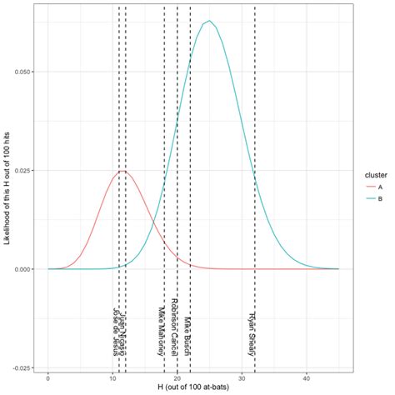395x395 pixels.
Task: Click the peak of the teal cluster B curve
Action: click(209, 21)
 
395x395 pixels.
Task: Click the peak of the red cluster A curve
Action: click(122, 171)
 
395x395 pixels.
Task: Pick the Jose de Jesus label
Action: click(116, 331)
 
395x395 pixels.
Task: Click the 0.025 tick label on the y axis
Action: click(22, 171)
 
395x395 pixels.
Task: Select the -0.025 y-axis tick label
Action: click(21, 367)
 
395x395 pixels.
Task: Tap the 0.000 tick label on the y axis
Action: click(22, 269)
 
